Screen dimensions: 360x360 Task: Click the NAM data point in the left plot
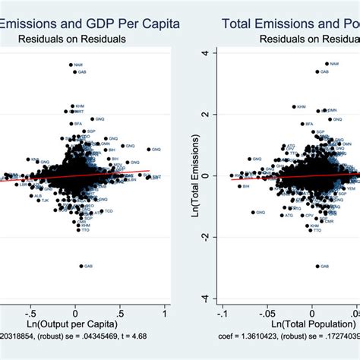[x=71, y=65]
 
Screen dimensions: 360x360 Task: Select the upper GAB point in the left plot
[x=74, y=72]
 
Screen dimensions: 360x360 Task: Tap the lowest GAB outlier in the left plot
[x=81, y=267]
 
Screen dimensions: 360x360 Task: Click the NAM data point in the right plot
[x=327, y=64]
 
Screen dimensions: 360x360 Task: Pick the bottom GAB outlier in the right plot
[x=317, y=267]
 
